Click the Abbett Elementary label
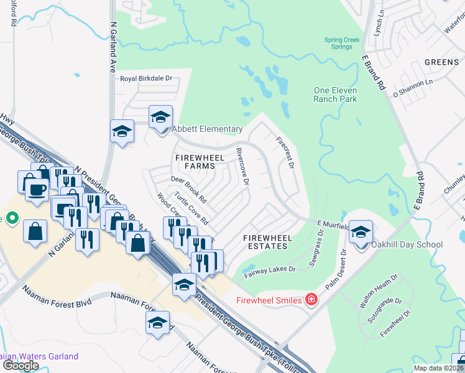click(207, 129)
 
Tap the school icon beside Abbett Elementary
click(160, 117)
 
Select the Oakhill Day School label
click(407, 244)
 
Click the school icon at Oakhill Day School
click(360, 231)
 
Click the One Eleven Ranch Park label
click(335, 94)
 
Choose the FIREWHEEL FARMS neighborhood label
click(200, 158)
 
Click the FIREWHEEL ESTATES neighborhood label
click(265, 242)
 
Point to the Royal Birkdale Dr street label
click(146, 79)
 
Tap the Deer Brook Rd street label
click(188, 190)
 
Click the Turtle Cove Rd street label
click(191, 208)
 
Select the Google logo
click(21, 366)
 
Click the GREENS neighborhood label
click(441, 62)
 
